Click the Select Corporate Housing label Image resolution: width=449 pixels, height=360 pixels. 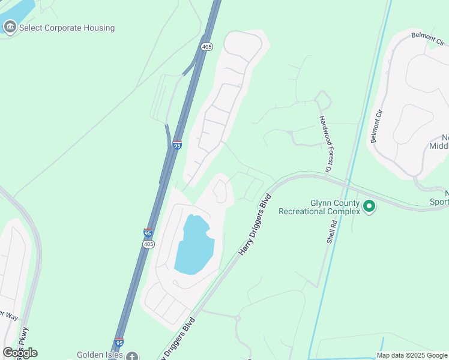67,28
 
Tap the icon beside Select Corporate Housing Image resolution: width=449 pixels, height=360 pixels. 10,27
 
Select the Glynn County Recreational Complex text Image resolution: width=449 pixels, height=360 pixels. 319,207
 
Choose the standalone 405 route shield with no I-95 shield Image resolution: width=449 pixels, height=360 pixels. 207,47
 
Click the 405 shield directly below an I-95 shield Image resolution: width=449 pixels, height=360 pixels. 149,244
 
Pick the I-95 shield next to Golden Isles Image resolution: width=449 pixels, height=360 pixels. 119,343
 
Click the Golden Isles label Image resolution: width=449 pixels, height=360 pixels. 99,355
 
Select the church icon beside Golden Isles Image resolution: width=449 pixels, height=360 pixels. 132,356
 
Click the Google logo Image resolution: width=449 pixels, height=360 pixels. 20,353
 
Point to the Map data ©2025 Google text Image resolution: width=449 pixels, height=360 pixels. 412,355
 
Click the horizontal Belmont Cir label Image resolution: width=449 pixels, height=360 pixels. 427,38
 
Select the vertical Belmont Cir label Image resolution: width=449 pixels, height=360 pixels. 376,127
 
